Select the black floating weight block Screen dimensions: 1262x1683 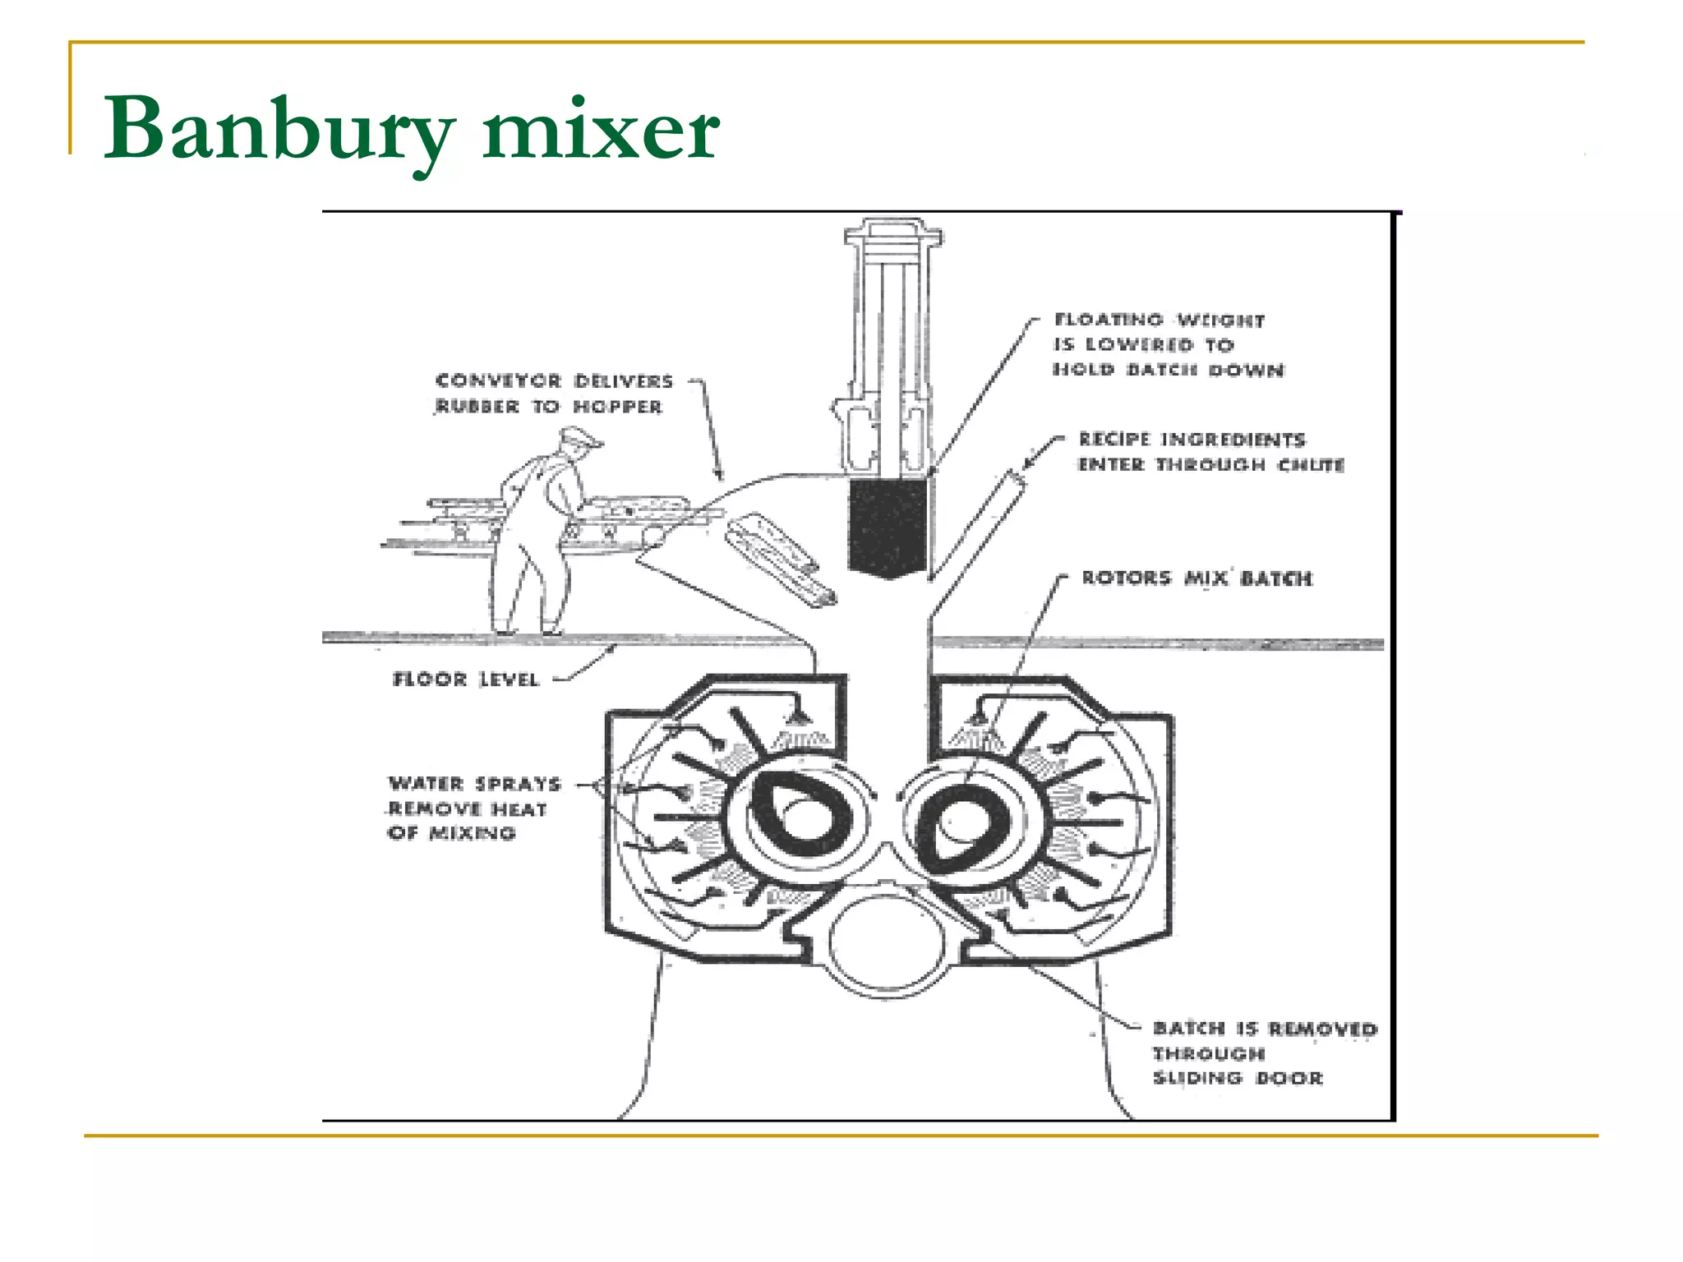pyautogui.click(x=888, y=527)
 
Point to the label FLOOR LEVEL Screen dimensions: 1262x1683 pyautogui.click(x=465, y=679)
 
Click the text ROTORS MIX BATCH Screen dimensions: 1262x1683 pyautogui.click(x=1197, y=578)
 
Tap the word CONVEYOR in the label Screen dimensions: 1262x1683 pyautogui.click(x=498, y=380)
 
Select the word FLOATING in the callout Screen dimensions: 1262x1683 pyautogui.click(x=1109, y=320)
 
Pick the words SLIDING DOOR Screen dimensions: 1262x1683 pyautogui.click(x=1238, y=1078)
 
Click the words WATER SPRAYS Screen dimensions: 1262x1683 pyautogui.click(x=474, y=783)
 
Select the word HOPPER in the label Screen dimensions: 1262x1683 pyautogui.click(x=617, y=406)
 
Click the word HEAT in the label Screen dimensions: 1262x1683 pyautogui.click(x=519, y=809)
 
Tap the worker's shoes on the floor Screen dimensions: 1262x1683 pyautogui.click(x=526, y=631)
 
